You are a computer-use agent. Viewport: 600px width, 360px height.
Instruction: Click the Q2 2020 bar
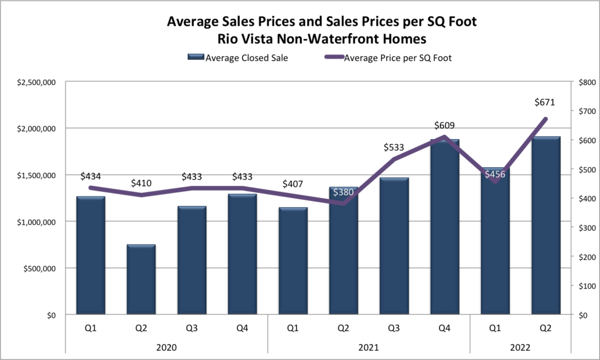(x=141, y=280)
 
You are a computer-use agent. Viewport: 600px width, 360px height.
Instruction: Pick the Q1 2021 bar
(x=293, y=261)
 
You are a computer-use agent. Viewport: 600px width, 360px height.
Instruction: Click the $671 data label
(x=546, y=102)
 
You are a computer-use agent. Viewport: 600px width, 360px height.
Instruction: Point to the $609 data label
(x=445, y=125)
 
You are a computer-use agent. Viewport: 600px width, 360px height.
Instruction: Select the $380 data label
(x=344, y=192)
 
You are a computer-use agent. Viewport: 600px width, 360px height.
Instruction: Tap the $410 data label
(x=141, y=182)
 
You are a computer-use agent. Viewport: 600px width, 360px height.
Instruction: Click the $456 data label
(x=495, y=174)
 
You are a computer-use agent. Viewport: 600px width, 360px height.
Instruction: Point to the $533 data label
(x=394, y=146)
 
